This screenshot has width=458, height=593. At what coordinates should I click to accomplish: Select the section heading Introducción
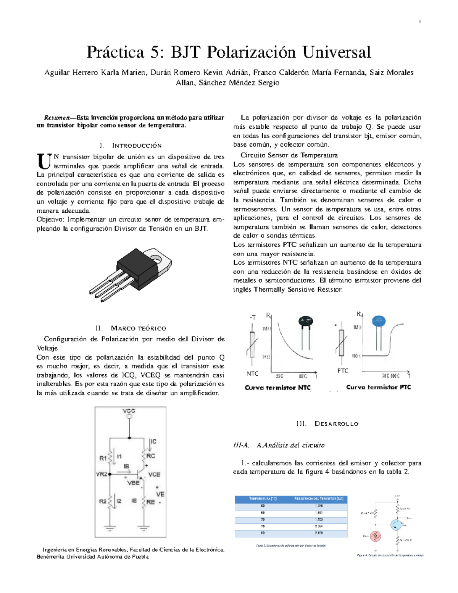pyautogui.click(x=137, y=145)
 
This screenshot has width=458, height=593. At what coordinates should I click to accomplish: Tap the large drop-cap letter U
pyautogui.click(x=44, y=162)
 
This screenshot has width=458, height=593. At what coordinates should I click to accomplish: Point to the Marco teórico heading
pyautogui.click(x=138, y=328)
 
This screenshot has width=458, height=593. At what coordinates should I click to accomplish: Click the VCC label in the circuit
pyautogui.click(x=129, y=411)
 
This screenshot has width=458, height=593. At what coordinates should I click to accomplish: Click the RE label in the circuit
pyautogui.click(x=150, y=502)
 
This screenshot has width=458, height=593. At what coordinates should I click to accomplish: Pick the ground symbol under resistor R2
pyautogui.click(x=110, y=529)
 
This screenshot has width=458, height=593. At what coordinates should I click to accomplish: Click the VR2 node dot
pyautogui.click(x=110, y=474)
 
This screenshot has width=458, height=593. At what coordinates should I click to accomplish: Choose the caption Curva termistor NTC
pyautogui.click(x=277, y=388)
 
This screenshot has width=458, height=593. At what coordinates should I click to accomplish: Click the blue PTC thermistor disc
pyautogui.click(x=379, y=321)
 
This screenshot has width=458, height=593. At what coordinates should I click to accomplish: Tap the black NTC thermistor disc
pyautogui.click(x=305, y=322)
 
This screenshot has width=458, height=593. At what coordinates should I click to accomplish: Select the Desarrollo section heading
pyautogui.click(x=336, y=424)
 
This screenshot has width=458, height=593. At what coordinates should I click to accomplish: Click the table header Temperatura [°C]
pyautogui.click(x=263, y=498)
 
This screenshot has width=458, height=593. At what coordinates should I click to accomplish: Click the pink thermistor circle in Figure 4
pyautogui.click(x=376, y=536)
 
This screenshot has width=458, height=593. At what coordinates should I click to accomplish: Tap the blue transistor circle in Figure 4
pyautogui.click(x=396, y=524)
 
